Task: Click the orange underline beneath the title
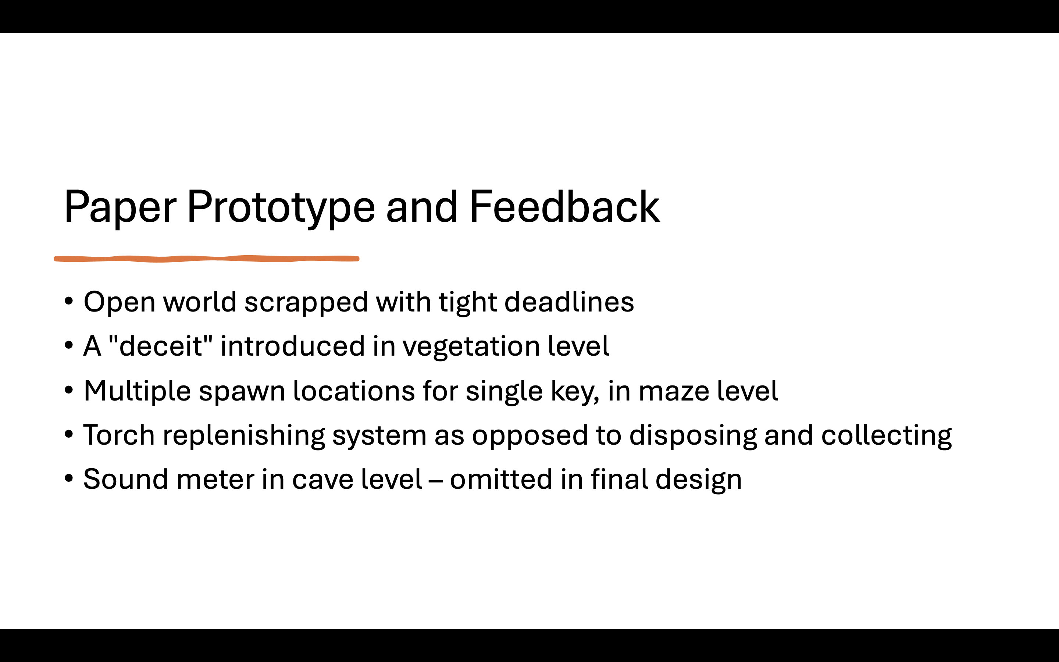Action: (207, 259)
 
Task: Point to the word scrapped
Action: (306, 303)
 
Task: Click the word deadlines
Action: (569, 302)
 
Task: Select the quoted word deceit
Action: (160, 345)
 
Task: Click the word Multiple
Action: (137, 391)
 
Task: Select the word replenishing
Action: (244, 437)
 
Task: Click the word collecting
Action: (886, 437)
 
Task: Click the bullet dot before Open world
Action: (68, 302)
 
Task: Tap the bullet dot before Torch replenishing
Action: (68, 435)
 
